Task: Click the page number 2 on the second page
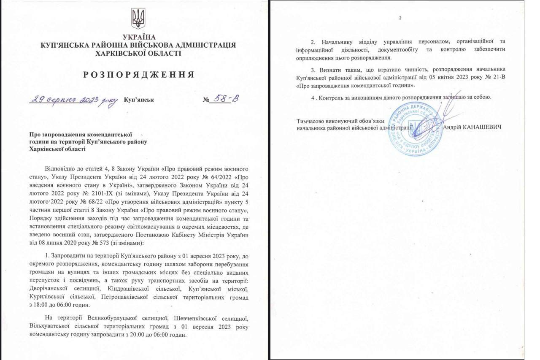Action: [x=400, y=18]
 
